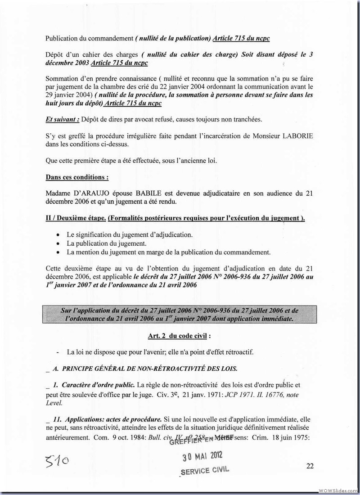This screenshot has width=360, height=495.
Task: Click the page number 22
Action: pos(310,466)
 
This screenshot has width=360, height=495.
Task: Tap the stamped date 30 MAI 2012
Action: pos(202,458)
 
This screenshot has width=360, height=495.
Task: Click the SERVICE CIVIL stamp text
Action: pos(205,471)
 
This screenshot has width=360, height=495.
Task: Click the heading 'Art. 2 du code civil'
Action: pos(179,336)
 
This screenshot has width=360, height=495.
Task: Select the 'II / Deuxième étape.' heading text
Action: pos(76,219)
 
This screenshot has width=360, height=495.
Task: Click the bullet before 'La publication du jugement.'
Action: pos(59,243)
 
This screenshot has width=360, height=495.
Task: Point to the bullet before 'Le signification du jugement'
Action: pos(59,235)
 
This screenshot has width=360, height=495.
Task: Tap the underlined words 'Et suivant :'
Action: pos(63,119)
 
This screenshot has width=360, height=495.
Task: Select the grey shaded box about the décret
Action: pos(179,315)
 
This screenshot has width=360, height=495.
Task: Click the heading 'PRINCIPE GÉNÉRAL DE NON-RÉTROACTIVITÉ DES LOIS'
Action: pos(152,368)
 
